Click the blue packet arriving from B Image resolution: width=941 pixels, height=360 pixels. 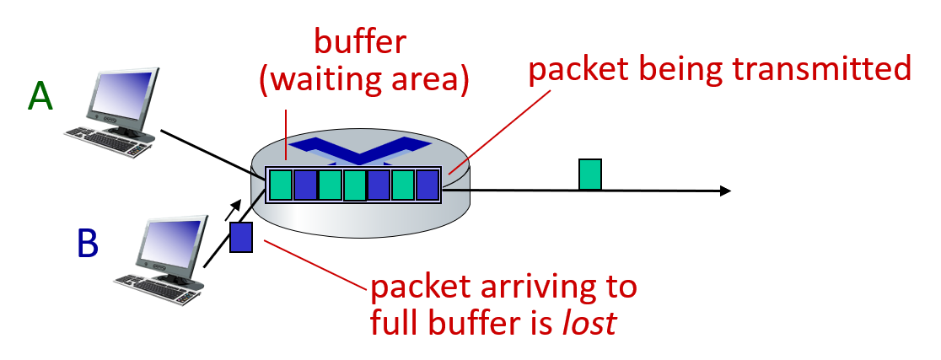(242, 237)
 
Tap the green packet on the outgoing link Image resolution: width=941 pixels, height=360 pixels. (589, 174)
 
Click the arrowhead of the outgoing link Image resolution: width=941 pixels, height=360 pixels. (723, 191)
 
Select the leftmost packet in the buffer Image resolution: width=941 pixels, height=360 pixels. (281, 185)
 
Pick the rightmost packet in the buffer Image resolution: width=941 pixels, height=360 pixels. (427, 185)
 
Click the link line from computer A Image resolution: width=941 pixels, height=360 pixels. (207, 151)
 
